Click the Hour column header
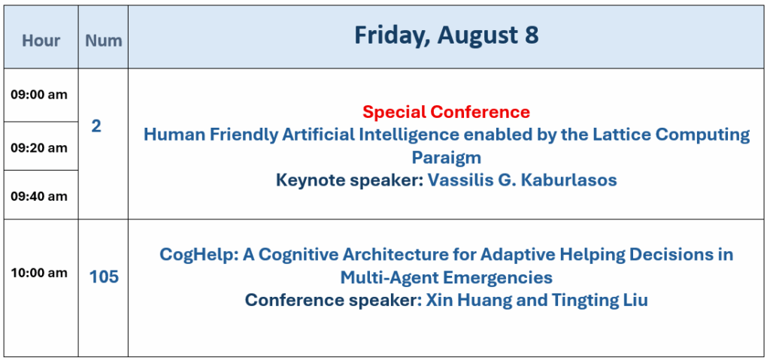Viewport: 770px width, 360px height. point(41,41)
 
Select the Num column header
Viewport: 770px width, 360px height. point(104,41)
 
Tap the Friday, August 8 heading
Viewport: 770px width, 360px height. point(447,36)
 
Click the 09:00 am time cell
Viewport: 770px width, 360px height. point(39,95)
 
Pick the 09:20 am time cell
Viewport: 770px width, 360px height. point(39,148)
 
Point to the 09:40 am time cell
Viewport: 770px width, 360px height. point(39,196)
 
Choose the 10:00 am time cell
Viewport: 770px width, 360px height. point(39,273)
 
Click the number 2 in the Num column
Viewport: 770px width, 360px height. point(96,127)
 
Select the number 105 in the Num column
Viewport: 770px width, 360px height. point(104,277)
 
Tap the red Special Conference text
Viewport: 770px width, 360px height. point(447,113)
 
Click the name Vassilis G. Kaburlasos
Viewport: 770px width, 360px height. point(522,180)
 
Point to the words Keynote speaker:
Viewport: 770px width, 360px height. point(350,180)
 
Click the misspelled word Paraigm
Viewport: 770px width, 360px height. point(447,158)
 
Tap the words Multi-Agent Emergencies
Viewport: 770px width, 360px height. point(447,277)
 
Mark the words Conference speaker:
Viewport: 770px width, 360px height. point(333,300)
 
